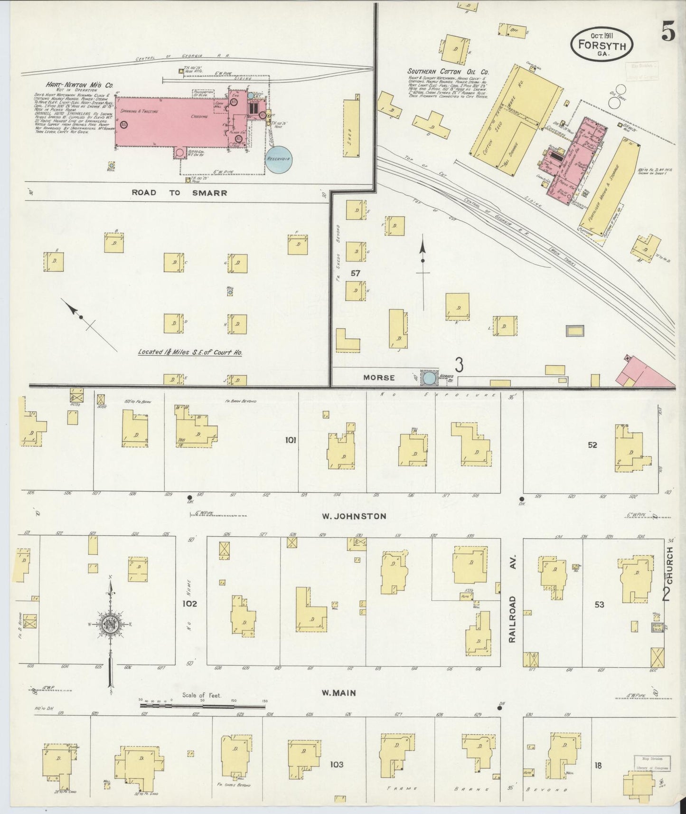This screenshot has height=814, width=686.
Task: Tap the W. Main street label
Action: click(x=339, y=693)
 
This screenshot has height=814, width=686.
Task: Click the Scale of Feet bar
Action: click(x=203, y=706)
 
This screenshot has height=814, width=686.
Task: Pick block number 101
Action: click(x=291, y=440)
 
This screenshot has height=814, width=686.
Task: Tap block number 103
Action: click(x=337, y=765)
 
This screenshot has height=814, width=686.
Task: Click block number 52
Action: click(x=592, y=445)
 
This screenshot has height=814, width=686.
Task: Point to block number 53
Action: click(x=600, y=605)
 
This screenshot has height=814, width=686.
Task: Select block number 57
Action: click(x=356, y=273)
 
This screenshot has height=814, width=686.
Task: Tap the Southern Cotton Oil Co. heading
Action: click(x=448, y=72)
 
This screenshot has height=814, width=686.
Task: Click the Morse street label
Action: click(x=379, y=378)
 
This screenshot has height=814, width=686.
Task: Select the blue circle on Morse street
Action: click(x=430, y=378)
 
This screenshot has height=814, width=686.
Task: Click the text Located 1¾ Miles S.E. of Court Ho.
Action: click(x=190, y=353)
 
